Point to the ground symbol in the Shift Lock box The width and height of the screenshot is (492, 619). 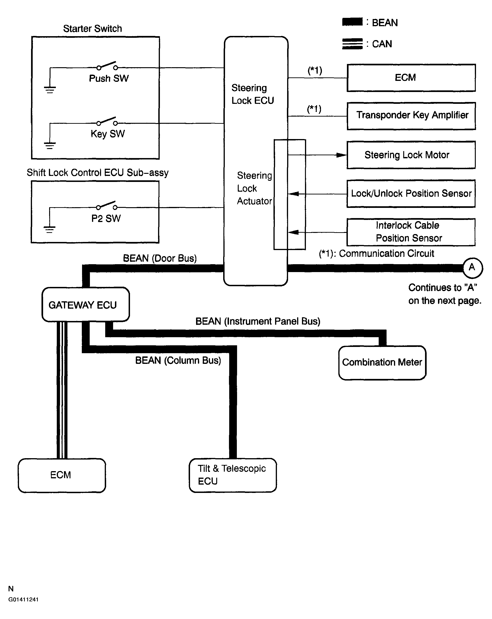(49, 229)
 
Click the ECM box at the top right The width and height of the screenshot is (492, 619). (411, 78)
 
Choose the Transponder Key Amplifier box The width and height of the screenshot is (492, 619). (411, 116)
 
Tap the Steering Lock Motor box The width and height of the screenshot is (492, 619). (411, 155)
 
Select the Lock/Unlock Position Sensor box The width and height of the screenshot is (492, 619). (411, 194)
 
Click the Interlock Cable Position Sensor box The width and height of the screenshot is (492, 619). (411, 232)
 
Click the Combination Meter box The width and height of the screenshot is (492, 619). (382, 363)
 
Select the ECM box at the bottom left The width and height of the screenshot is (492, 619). (62, 475)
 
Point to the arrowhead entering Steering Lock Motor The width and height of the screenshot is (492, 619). (342, 155)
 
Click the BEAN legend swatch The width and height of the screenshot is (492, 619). (352, 22)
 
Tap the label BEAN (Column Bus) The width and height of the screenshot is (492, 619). (178, 361)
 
